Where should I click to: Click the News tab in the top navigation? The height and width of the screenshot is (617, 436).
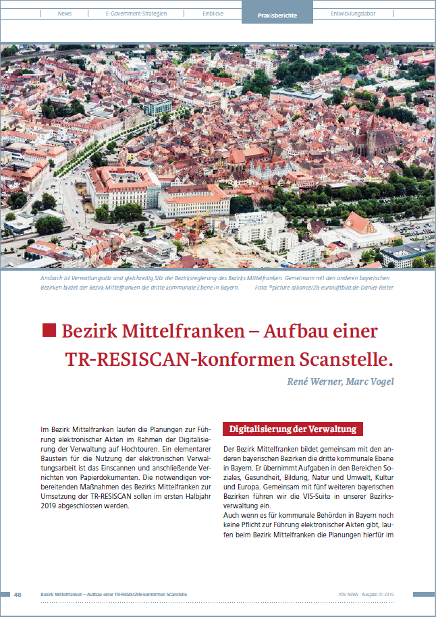(65, 14)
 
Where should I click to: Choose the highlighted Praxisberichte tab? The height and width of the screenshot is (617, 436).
(277, 14)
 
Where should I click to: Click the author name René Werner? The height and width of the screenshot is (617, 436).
(313, 381)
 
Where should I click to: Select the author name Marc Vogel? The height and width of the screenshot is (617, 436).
(370, 381)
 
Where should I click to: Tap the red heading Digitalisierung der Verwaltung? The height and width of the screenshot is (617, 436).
(292, 429)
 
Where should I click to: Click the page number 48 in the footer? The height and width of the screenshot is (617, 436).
(18, 594)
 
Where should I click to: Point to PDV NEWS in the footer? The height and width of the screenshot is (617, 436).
(351, 594)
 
